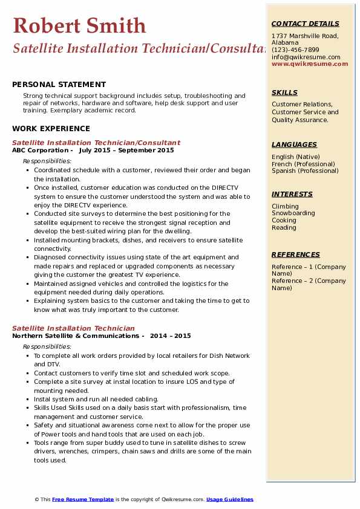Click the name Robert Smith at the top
tap(79, 26)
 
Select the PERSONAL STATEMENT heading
tap(59, 85)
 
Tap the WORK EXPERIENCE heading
tap(51, 128)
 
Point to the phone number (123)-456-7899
tap(295, 50)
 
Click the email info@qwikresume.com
tap(306, 57)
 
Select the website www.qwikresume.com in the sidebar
tap(310, 63)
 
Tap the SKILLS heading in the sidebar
tap(284, 92)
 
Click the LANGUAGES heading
tap(294, 144)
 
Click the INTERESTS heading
tap(292, 194)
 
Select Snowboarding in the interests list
tap(293, 213)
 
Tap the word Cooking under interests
tap(284, 221)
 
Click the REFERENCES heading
tap(295, 254)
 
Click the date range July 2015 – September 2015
tap(126, 151)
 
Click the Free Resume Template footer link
tap(83, 499)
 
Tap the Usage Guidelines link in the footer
tap(230, 499)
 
